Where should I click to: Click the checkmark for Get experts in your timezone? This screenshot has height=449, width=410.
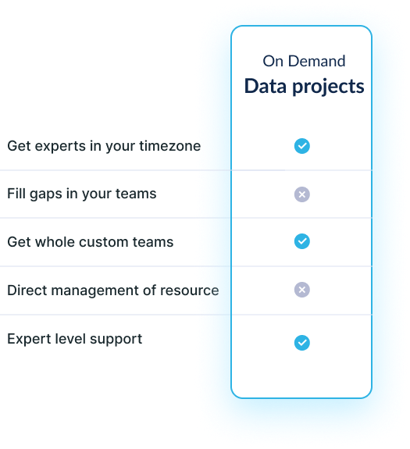[x=301, y=146]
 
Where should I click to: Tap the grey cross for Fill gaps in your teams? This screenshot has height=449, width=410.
[x=301, y=194]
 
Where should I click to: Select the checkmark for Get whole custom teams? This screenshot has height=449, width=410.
[x=301, y=241]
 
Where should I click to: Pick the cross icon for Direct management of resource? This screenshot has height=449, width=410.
[x=301, y=290]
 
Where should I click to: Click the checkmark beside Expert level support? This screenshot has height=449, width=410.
[x=301, y=343]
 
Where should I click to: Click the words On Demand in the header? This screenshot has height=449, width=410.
[x=304, y=61]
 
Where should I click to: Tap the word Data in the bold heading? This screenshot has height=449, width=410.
[x=265, y=86]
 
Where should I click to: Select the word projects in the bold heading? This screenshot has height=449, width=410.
[x=328, y=87]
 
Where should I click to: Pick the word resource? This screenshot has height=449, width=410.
[x=190, y=291]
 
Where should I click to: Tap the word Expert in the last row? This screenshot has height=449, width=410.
[x=29, y=340]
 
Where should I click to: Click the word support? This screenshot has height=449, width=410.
[x=116, y=340]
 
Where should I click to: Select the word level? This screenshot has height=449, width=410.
[x=70, y=339]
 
